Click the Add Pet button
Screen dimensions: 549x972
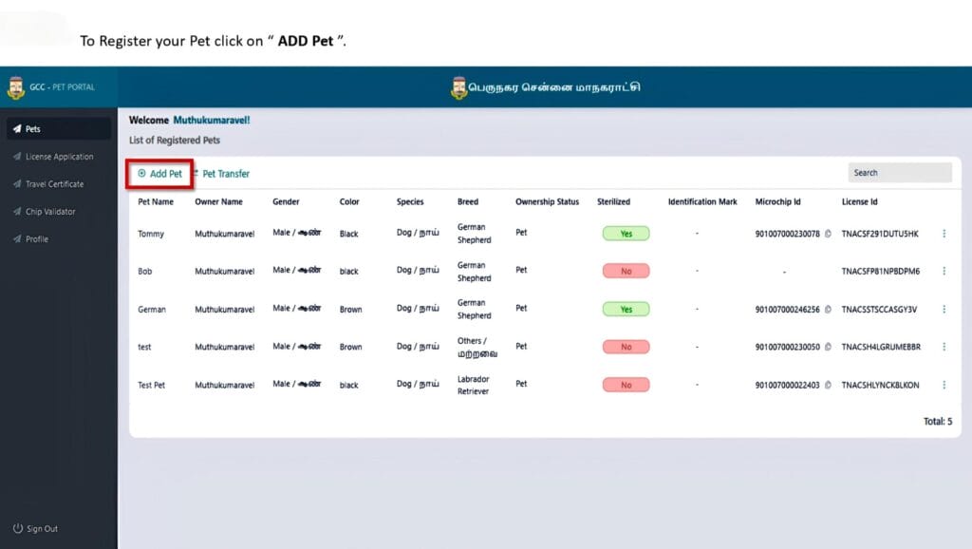click(160, 174)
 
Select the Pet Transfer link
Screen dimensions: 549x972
click(225, 174)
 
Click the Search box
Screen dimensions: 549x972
click(899, 173)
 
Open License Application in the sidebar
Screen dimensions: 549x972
click(59, 157)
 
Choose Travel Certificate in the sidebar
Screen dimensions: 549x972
click(54, 184)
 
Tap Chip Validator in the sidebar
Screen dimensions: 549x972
click(50, 212)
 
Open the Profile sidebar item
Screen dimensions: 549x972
click(37, 239)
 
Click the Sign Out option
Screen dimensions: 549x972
click(42, 529)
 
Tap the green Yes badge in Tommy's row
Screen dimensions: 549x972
click(626, 234)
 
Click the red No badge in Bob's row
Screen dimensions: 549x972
click(626, 271)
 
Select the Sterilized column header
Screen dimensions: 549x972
click(613, 202)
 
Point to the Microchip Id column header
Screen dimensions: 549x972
click(777, 202)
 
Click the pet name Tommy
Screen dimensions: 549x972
click(150, 234)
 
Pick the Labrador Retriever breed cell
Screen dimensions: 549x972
click(474, 385)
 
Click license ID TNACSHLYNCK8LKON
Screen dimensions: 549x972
click(880, 385)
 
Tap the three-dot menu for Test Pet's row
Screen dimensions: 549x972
click(944, 385)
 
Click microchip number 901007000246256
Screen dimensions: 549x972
click(787, 310)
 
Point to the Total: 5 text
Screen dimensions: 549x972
click(937, 421)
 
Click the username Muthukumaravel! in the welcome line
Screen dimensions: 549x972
click(212, 121)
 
